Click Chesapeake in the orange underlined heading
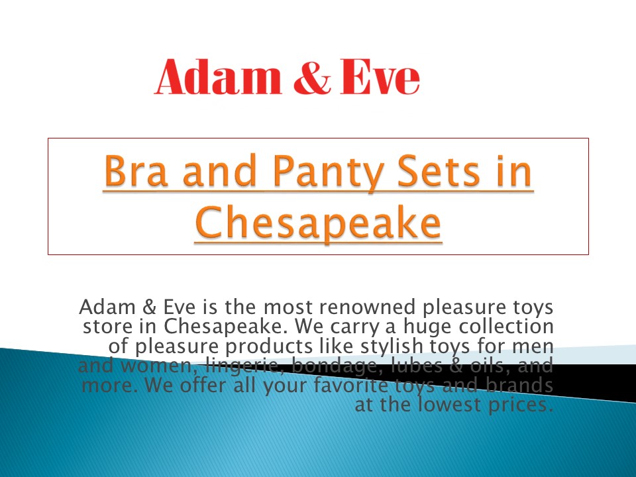pyautogui.click(x=318, y=223)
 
